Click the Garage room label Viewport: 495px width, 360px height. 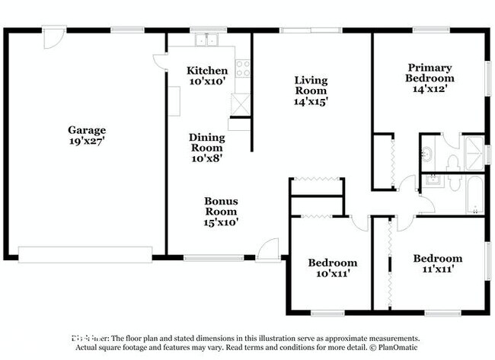(x=86, y=130)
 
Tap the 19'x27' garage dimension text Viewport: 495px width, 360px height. (x=86, y=141)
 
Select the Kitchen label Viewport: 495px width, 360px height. (x=207, y=71)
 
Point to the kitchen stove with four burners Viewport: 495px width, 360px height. (x=243, y=68)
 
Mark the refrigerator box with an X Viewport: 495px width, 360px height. (x=241, y=104)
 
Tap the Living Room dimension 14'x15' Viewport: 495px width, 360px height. (x=311, y=100)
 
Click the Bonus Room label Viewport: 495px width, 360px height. (x=221, y=206)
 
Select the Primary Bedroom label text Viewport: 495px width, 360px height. (x=430, y=72)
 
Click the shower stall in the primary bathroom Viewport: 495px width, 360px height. (x=474, y=151)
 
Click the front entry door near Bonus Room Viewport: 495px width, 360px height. (x=267, y=251)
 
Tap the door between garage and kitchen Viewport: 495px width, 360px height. (x=161, y=62)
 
